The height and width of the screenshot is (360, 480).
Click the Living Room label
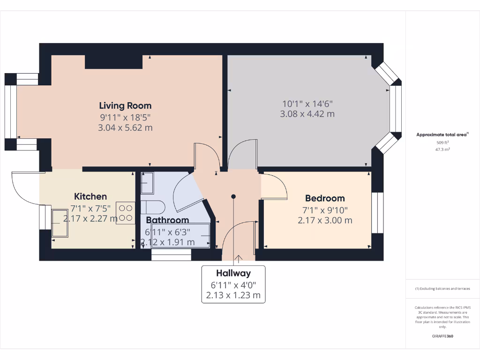[x=125, y=105]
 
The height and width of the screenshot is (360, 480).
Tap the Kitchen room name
[x=90, y=196]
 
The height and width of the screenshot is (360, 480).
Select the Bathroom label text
[x=167, y=220]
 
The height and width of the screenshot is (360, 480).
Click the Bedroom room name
[x=325, y=198]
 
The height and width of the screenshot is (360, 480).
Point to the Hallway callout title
[x=233, y=273]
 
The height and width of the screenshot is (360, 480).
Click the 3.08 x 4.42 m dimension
[x=307, y=114]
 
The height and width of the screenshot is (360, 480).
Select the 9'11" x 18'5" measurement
[x=125, y=117]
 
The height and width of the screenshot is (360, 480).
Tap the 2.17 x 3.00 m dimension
[x=325, y=220]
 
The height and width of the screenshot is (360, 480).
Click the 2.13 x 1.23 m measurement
[x=233, y=296]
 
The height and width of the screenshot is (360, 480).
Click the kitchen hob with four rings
[x=125, y=213]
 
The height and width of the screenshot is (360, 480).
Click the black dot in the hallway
[x=233, y=197]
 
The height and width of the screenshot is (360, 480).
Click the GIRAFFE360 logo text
[x=442, y=336]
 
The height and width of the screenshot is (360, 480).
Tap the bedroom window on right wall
[x=377, y=213]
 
